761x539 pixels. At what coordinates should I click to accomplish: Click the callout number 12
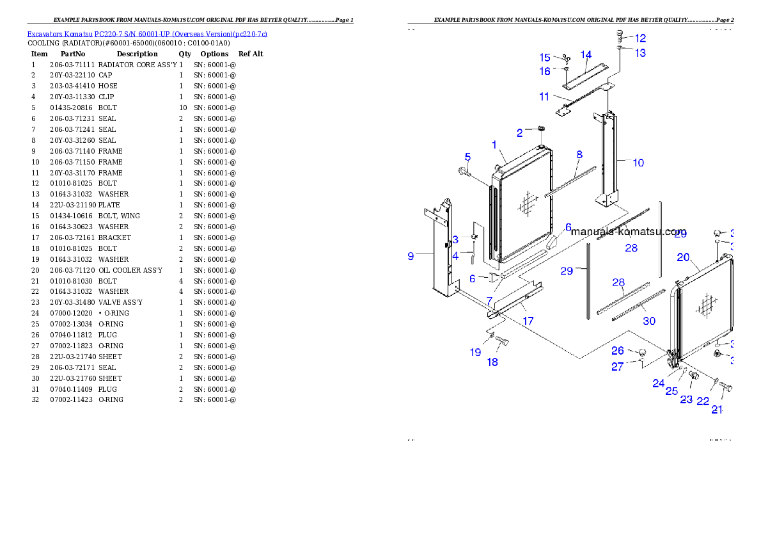pos(640,38)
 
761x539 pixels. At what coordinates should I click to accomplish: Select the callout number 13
pos(640,53)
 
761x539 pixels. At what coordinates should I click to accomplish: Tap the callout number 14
pos(586,54)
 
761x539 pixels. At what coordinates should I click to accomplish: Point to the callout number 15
pos(544,58)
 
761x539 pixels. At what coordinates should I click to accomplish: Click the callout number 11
pos(544,97)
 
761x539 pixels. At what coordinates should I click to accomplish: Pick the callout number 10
pos(638,163)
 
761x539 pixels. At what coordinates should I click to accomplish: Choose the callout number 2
pos(520,133)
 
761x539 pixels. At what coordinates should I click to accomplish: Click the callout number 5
pos(467,157)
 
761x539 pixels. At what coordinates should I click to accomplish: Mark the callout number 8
pos(579,154)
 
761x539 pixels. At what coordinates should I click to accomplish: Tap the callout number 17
pos(528,321)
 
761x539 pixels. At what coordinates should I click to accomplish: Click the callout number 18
pos(492,362)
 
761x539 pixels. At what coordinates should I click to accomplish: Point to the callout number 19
pos(475,352)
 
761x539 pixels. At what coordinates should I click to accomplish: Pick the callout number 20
pos(683,257)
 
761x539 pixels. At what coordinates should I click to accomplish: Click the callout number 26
pos(617,351)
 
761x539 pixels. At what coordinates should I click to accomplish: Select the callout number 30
pos(649,321)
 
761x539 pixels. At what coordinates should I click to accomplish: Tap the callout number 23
pos(686,399)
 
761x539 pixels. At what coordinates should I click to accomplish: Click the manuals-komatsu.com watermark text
pos(629,232)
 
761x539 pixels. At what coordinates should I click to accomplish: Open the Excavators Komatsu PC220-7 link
pos(147,34)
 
